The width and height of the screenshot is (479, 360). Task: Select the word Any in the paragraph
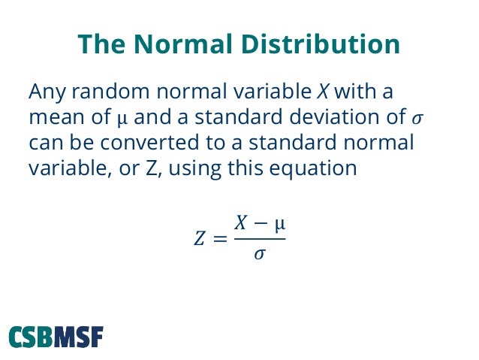[x=47, y=94]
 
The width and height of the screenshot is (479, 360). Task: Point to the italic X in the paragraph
[x=323, y=94]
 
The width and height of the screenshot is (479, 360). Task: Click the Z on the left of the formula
[x=200, y=240]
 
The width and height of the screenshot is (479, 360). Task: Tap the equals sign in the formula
[x=219, y=240]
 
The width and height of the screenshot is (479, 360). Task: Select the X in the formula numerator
[x=242, y=222]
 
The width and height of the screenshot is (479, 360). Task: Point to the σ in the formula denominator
[x=259, y=256]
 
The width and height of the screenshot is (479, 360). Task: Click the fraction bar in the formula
[x=259, y=239]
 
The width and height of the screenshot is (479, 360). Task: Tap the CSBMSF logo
[x=56, y=336]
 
